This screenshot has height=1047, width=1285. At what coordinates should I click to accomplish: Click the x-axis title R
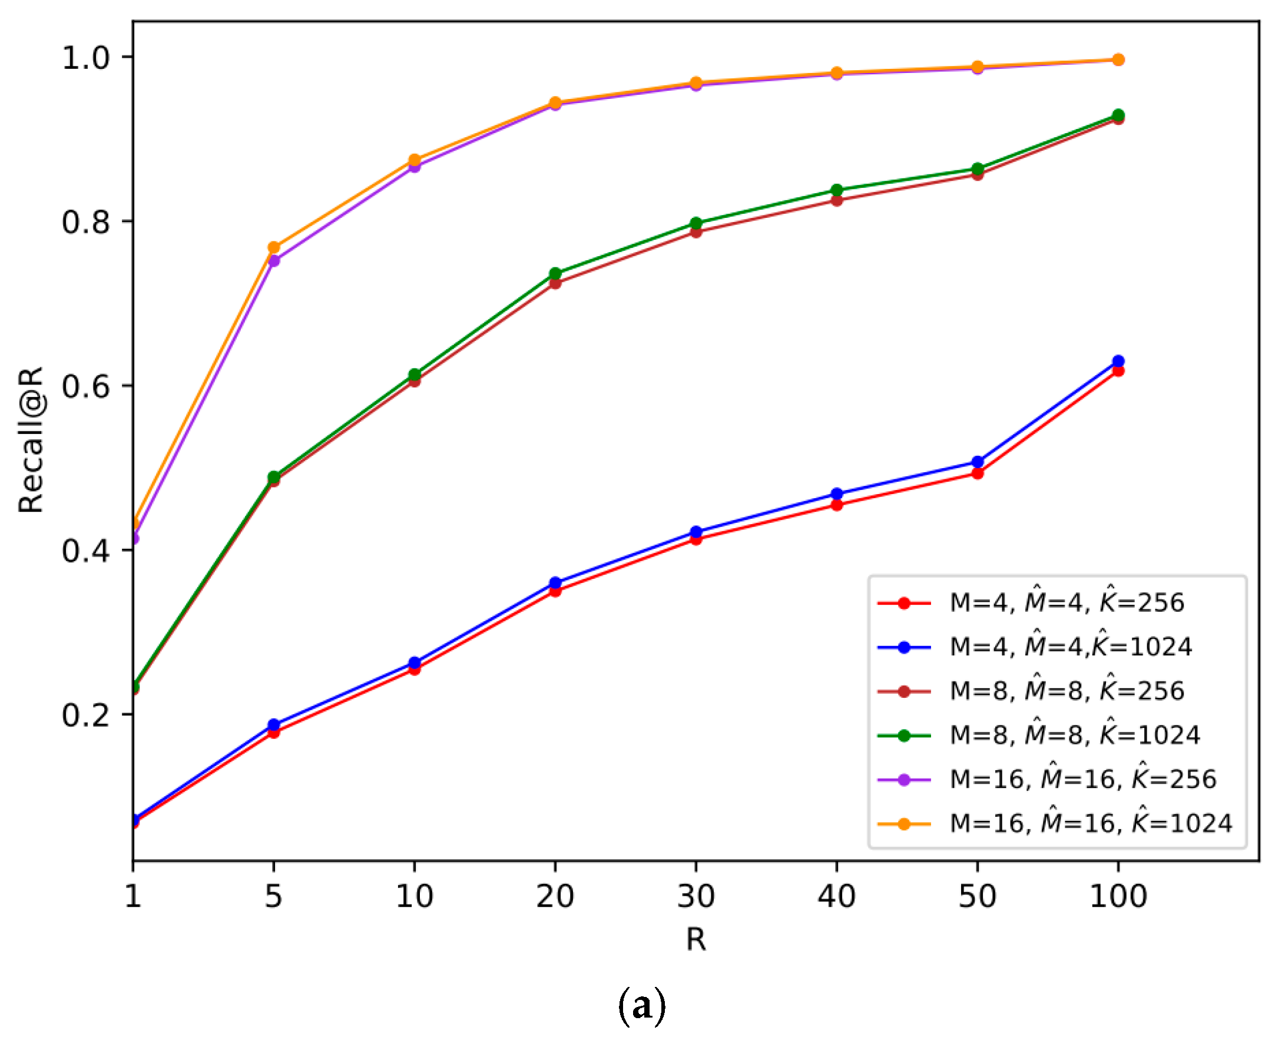click(x=696, y=939)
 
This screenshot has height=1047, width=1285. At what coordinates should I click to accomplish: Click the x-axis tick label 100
click(x=1117, y=896)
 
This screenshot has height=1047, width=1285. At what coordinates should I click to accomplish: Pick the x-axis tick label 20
click(x=555, y=896)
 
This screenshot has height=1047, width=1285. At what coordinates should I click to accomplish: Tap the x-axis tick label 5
click(x=273, y=896)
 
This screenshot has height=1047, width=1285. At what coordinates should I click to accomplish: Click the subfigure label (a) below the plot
click(x=641, y=1006)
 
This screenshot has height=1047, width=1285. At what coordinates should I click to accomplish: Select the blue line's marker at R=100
click(x=1117, y=361)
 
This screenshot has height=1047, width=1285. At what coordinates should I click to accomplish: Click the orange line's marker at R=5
click(x=274, y=247)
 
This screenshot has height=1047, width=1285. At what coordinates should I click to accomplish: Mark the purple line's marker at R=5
click(x=274, y=261)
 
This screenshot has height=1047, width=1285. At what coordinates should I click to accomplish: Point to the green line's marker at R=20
click(x=555, y=274)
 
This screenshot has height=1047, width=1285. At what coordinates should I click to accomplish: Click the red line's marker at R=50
click(x=978, y=473)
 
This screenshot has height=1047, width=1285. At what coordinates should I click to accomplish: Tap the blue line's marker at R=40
click(x=836, y=494)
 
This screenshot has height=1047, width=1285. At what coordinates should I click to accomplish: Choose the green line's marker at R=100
click(x=1117, y=115)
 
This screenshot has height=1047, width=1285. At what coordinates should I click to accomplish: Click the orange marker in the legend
click(x=903, y=824)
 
